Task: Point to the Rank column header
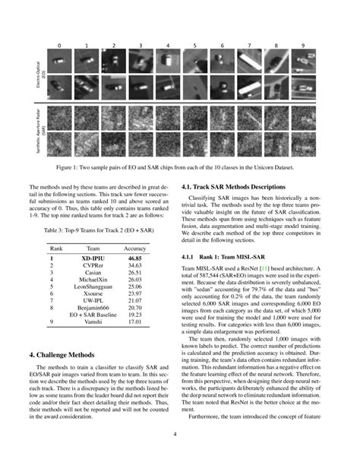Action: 55,247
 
